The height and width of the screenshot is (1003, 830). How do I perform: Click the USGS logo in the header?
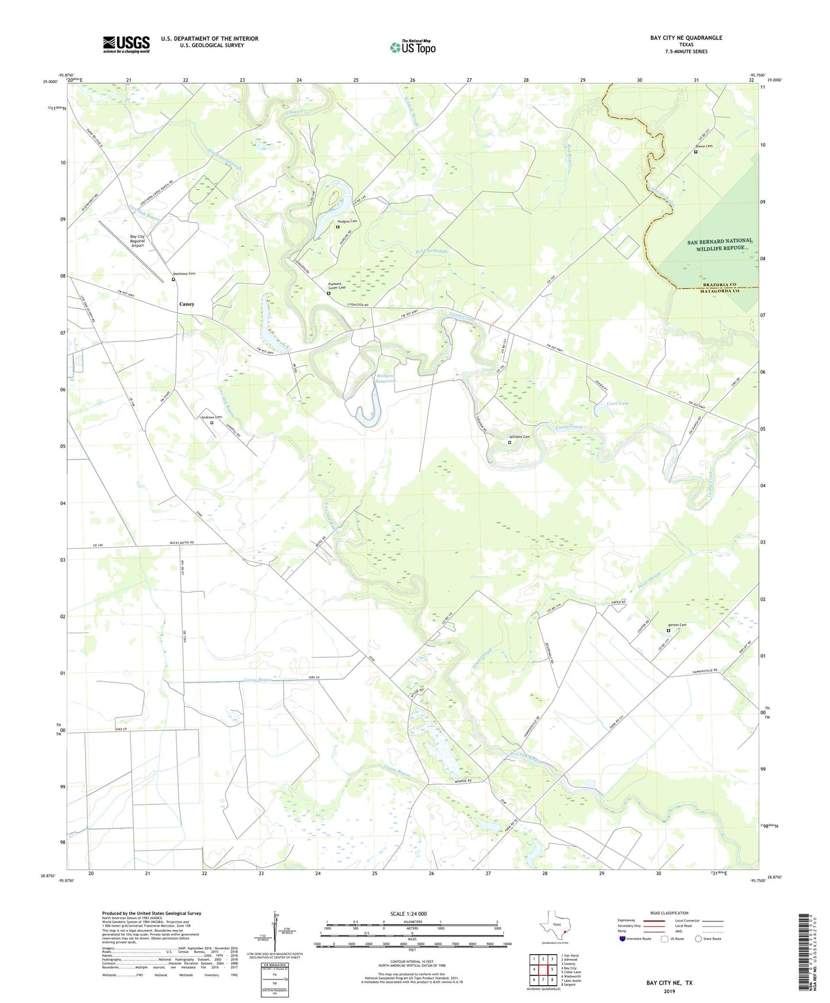126,44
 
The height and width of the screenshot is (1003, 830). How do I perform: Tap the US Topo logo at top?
412,47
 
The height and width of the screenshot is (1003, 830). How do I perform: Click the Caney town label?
187,304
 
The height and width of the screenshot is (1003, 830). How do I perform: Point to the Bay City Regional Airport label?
137,241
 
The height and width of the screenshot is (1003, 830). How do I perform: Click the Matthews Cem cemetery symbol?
173,280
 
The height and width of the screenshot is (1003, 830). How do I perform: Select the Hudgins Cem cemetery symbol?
338,227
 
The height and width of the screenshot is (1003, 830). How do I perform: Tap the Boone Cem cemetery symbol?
696,152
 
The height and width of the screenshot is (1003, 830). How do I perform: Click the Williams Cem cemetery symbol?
509,442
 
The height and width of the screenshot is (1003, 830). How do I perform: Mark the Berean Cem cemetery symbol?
668,631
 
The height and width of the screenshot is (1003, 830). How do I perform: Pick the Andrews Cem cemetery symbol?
211,423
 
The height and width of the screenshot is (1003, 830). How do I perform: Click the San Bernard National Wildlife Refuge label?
720,244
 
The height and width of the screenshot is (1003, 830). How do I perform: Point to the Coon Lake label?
618,403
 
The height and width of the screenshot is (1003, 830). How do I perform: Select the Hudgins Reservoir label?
386,377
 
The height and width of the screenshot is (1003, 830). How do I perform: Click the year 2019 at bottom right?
669,991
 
